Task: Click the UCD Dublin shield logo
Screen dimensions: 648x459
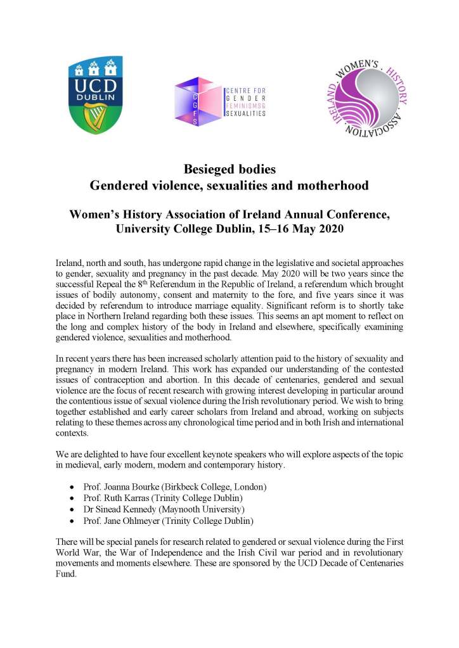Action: click(95, 95)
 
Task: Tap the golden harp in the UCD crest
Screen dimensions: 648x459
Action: click(95, 117)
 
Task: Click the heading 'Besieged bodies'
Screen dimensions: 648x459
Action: click(229, 170)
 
